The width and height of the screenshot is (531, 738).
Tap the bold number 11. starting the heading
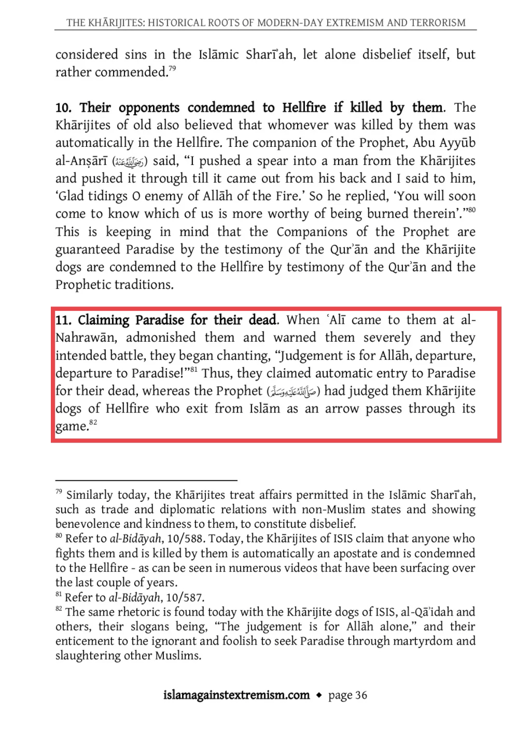point(64,320)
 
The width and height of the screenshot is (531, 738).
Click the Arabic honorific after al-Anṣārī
point(129,161)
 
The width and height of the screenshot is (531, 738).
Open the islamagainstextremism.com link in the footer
point(236,695)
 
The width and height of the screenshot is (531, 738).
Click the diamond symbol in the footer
point(319,695)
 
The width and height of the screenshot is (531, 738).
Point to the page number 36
point(361,695)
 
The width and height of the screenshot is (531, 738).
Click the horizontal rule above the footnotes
point(146,480)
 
